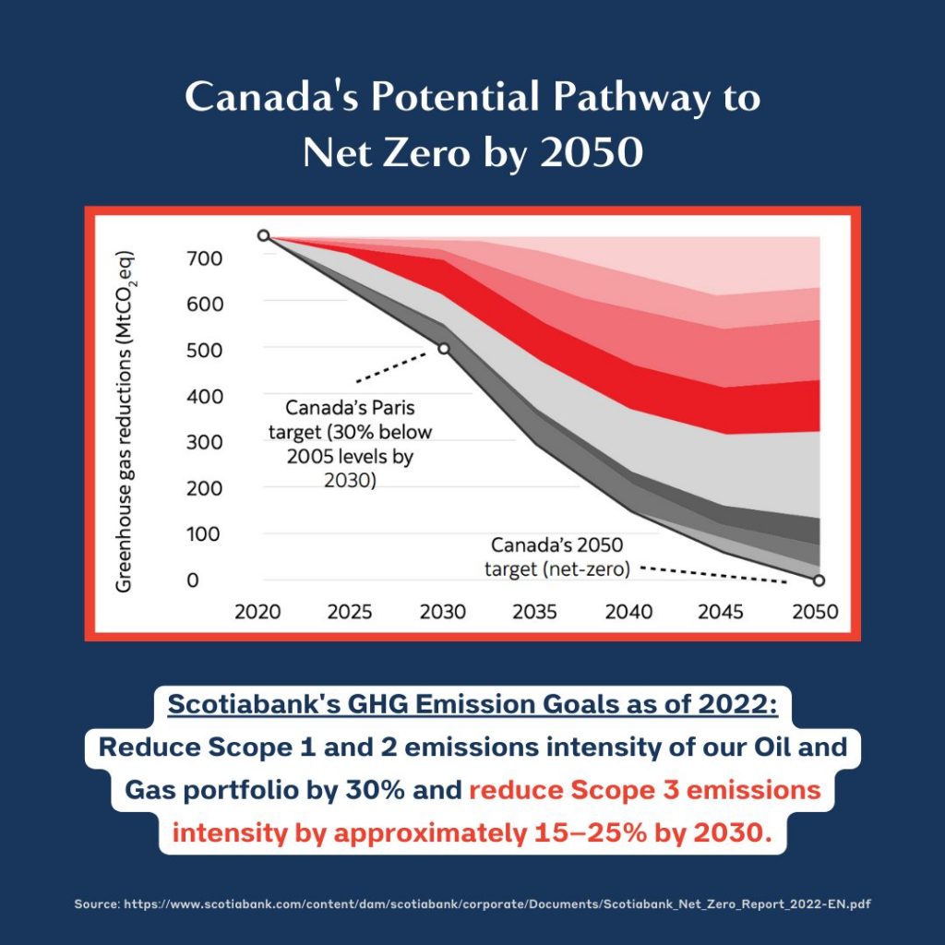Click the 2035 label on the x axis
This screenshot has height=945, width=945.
tap(535, 612)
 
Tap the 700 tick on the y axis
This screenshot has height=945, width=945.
tap(205, 258)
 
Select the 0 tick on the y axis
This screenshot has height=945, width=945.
tap(193, 581)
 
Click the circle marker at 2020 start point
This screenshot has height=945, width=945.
tap(264, 236)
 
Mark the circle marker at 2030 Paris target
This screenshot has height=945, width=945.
tap(444, 348)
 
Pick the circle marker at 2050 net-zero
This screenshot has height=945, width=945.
tap(819, 580)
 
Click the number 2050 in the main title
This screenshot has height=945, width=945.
tap(591, 152)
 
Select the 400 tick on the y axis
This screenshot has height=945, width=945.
tap(205, 397)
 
